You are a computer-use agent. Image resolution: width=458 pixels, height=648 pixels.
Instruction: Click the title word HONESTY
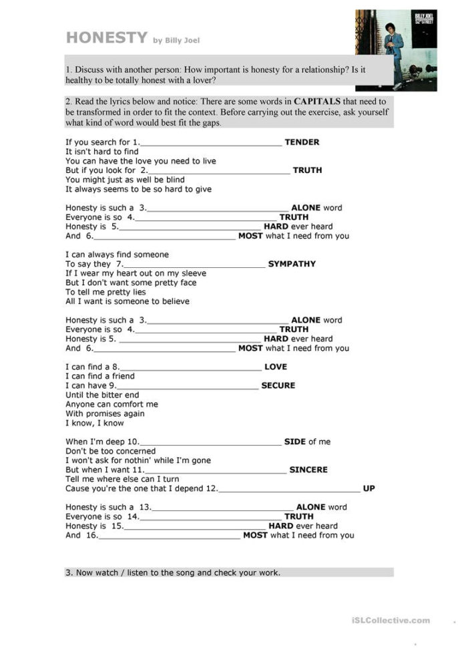click(x=106, y=38)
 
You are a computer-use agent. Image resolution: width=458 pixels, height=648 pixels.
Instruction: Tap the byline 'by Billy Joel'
click(x=177, y=41)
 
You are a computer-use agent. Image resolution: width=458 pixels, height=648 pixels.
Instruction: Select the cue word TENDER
click(x=302, y=142)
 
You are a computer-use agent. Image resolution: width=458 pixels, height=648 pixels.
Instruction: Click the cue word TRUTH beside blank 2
click(x=307, y=170)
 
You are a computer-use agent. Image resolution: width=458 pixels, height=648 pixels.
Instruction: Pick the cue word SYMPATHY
click(x=292, y=264)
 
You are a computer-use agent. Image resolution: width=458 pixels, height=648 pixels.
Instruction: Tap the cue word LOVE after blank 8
click(x=276, y=367)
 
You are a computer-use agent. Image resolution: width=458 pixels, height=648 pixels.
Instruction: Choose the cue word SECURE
click(x=278, y=385)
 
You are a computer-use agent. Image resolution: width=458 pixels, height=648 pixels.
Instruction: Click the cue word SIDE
click(x=294, y=442)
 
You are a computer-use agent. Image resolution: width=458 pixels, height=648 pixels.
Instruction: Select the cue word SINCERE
click(x=308, y=470)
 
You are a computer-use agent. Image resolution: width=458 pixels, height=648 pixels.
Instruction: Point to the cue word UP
click(x=369, y=488)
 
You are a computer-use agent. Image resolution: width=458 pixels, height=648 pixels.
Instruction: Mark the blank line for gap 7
click(x=194, y=265)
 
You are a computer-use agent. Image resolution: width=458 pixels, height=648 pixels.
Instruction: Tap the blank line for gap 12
click(x=289, y=490)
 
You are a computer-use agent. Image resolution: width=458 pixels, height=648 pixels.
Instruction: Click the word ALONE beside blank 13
click(x=310, y=507)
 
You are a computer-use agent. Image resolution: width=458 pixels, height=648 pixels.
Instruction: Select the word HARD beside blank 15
click(x=280, y=526)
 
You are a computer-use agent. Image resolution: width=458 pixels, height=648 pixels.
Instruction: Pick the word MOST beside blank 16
click(x=255, y=535)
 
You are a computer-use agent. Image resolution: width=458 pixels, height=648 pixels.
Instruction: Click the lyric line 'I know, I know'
click(x=95, y=423)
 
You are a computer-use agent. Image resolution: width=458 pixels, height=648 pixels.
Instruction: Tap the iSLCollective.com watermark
click(x=391, y=621)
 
